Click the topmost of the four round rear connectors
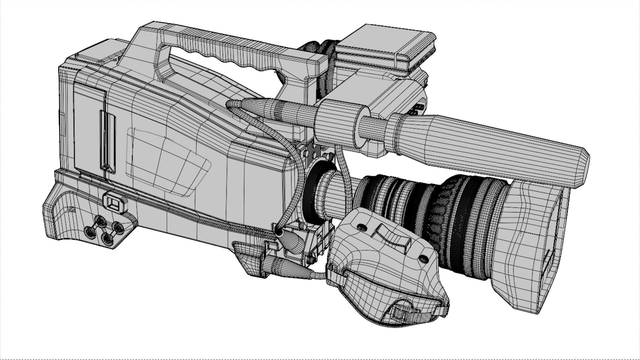coord(100,220)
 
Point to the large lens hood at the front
coord(533,247)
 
